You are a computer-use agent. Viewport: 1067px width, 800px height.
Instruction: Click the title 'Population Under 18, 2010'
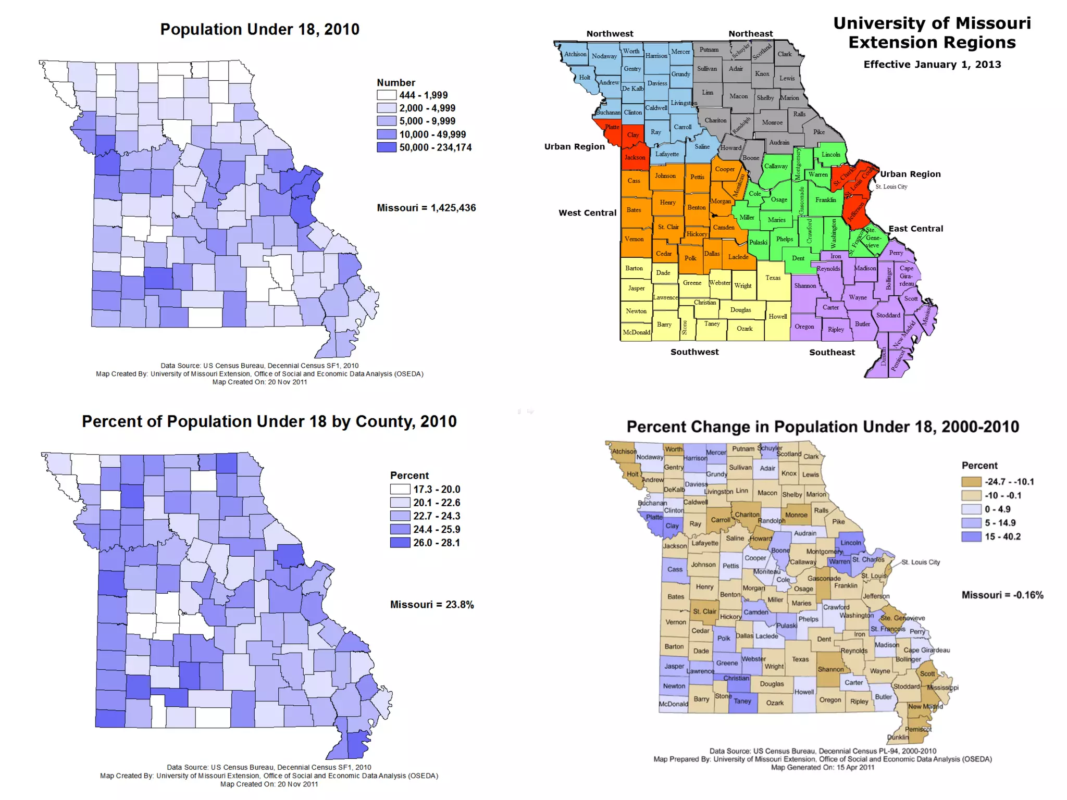[259, 29]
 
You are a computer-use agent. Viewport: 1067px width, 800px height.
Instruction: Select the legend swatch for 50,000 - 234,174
[387, 147]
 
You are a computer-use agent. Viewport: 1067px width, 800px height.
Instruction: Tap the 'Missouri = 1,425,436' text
[426, 208]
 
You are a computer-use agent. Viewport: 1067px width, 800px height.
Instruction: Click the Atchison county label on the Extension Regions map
[575, 54]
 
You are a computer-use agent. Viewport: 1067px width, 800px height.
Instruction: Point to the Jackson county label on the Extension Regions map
[635, 157]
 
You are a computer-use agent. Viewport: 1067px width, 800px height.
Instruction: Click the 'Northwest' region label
[610, 34]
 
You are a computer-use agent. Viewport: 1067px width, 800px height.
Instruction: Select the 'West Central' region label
[587, 213]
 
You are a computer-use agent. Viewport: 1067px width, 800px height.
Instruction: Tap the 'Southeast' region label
[832, 352]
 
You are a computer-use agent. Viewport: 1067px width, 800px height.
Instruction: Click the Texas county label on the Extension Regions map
[773, 278]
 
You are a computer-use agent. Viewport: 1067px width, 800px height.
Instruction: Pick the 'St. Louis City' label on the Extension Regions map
[891, 186]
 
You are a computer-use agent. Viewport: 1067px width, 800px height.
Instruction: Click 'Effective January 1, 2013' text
[932, 65]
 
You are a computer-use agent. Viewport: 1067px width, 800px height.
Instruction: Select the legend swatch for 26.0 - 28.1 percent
[400, 543]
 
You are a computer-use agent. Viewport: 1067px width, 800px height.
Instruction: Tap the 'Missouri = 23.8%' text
[432, 605]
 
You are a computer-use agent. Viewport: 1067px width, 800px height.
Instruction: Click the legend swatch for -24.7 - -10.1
[971, 482]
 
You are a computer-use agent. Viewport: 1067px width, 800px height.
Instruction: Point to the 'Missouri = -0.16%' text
[1002, 595]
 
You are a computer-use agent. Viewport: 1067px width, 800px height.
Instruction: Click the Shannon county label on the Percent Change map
[830, 669]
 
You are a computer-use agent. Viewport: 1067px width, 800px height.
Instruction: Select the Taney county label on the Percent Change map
[742, 701]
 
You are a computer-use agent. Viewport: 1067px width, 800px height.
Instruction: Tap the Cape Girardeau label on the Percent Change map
[926, 650]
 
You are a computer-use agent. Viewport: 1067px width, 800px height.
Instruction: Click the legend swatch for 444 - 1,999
[387, 95]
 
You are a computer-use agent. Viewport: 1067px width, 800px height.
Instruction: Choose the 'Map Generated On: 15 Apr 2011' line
[822, 767]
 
